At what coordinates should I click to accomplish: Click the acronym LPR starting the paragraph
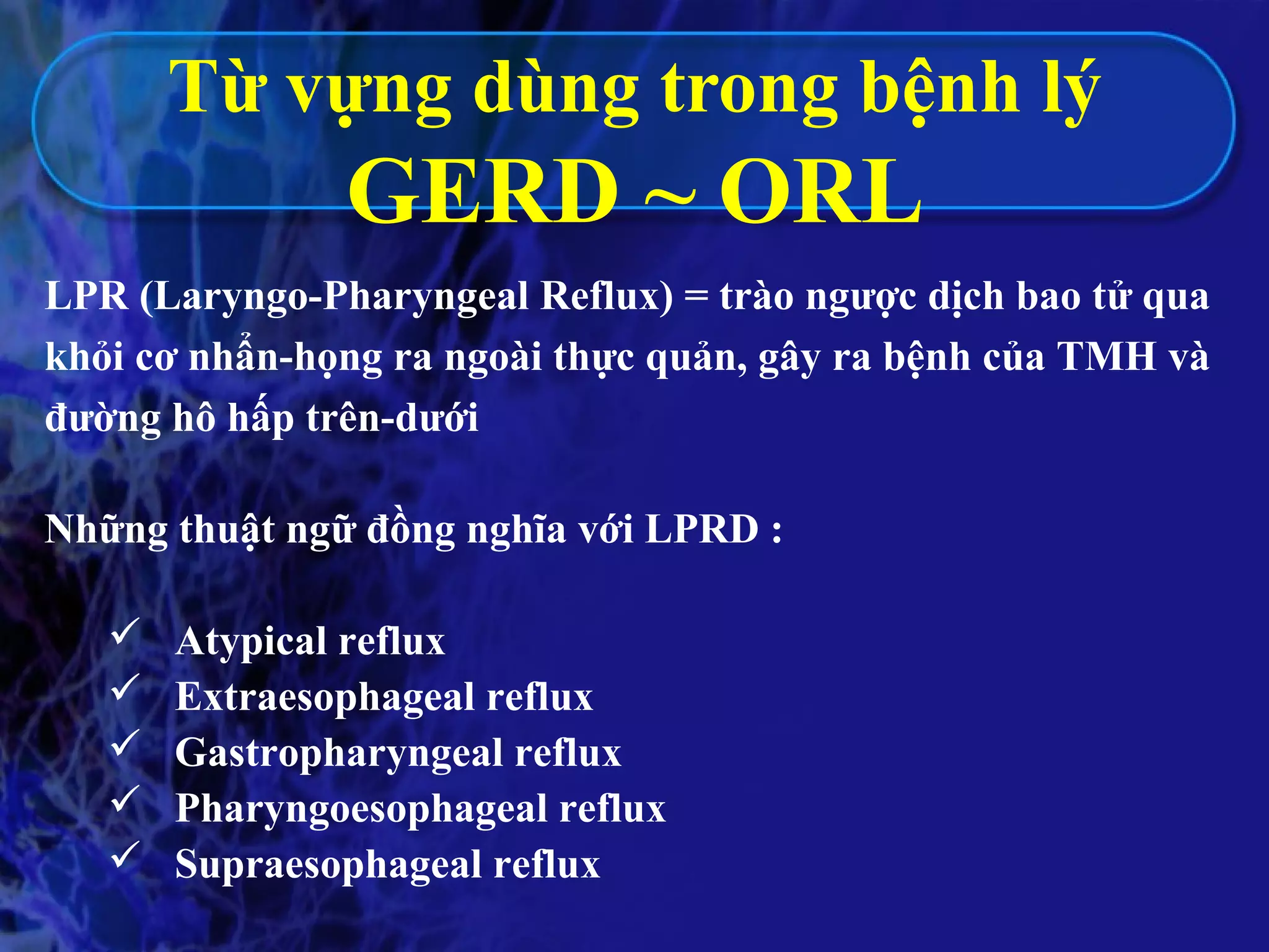pyautogui.click(x=87, y=297)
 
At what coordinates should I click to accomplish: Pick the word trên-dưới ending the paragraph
pyautogui.click(x=392, y=417)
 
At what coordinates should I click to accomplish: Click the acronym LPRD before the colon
pyautogui.click(x=701, y=529)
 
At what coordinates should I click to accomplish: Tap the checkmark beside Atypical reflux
pyautogui.click(x=126, y=632)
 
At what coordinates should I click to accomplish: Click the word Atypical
pyautogui.click(x=251, y=642)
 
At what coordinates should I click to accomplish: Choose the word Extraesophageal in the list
pyautogui.click(x=325, y=697)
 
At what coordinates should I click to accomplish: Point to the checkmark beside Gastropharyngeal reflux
pyautogui.click(x=126, y=743)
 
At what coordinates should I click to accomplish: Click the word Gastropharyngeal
pyautogui.click(x=339, y=754)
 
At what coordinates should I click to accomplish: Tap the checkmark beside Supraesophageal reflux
pyautogui.click(x=126, y=855)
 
